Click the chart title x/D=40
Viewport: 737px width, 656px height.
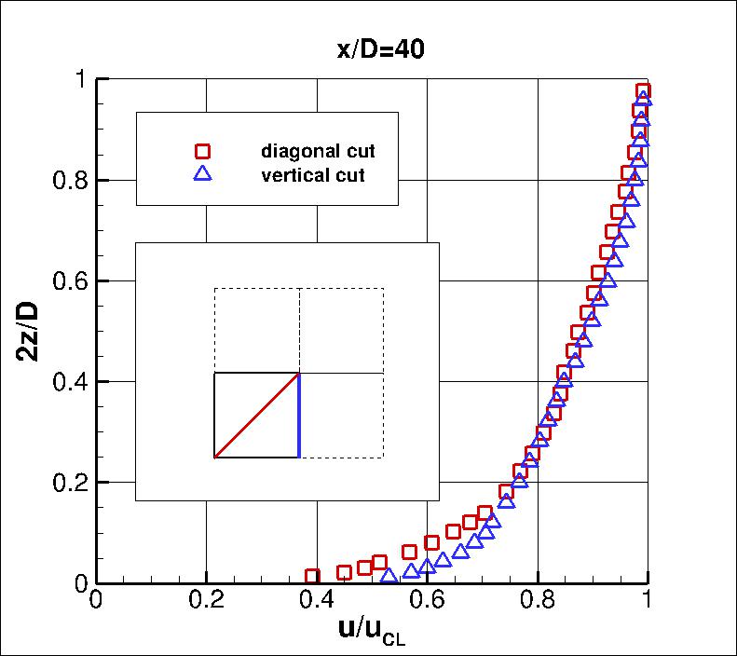click(x=381, y=50)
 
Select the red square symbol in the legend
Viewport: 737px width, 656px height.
click(x=202, y=151)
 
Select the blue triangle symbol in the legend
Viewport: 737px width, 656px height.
click(x=202, y=174)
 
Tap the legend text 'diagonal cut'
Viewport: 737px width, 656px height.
click(x=318, y=151)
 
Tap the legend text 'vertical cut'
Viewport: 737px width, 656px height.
click(x=313, y=174)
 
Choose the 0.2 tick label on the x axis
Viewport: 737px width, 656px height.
click(x=206, y=602)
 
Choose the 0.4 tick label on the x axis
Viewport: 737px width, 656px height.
click(x=316, y=602)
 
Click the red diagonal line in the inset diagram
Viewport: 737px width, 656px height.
click(x=256, y=416)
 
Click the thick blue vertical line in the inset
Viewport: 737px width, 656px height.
click(x=299, y=416)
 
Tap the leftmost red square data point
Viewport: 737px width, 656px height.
click(x=312, y=578)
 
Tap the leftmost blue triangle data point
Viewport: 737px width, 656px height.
click(x=389, y=576)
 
